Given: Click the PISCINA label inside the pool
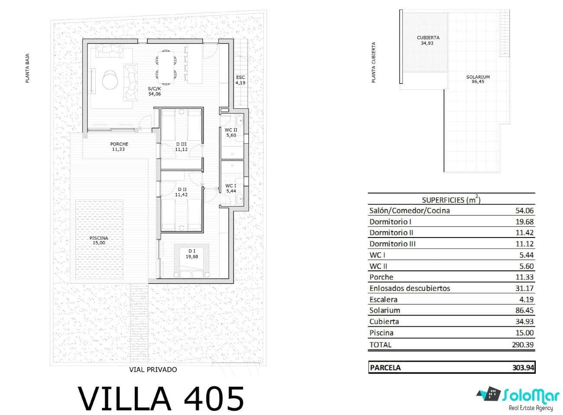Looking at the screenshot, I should point(99,240).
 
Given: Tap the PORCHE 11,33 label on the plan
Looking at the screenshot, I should point(119,147).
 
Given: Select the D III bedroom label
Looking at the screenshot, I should point(181,147).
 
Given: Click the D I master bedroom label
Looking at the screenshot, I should point(191,254).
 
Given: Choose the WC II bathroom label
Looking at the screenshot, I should point(231,132).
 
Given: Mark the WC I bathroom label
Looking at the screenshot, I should point(231,188).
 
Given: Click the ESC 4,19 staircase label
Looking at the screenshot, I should point(240,80).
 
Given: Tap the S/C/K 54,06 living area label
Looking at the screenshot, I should point(154,91).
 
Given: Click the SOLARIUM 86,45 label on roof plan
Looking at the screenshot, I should point(478,79).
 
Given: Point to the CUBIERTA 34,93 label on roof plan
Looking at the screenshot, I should point(428,40).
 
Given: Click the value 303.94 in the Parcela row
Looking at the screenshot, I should point(523,367).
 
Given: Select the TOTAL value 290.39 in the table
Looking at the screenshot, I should point(523,345).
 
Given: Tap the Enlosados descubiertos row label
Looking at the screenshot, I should point(409,288).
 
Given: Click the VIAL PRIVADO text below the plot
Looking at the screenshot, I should point(153,370).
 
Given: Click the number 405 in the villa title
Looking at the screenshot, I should point(214,399).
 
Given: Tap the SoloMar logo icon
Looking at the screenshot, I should point(488,394).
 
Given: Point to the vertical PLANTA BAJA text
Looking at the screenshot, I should point(27,68).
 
